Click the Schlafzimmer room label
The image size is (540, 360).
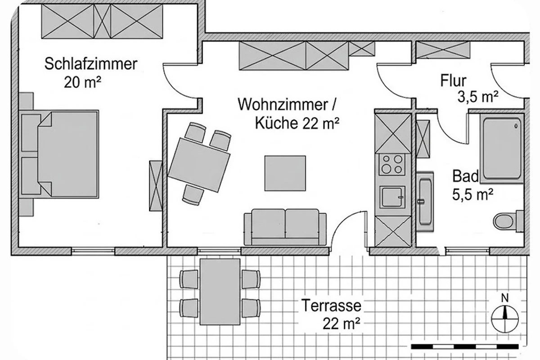91,64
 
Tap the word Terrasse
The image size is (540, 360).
331,306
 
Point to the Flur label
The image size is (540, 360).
454,81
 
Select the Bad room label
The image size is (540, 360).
465,176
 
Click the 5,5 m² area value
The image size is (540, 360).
473,194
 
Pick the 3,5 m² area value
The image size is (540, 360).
478,97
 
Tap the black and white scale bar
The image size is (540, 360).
464,346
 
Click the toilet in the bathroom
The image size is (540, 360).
508,221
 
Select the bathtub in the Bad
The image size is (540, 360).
501,148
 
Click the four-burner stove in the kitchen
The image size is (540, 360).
392,164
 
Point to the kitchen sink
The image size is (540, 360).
392,197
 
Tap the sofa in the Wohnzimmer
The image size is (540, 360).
285,227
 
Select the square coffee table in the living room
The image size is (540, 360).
285,173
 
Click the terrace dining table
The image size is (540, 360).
220,292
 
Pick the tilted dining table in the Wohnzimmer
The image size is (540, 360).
199,165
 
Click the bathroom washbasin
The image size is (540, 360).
425,202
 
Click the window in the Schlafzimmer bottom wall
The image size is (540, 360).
93,251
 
